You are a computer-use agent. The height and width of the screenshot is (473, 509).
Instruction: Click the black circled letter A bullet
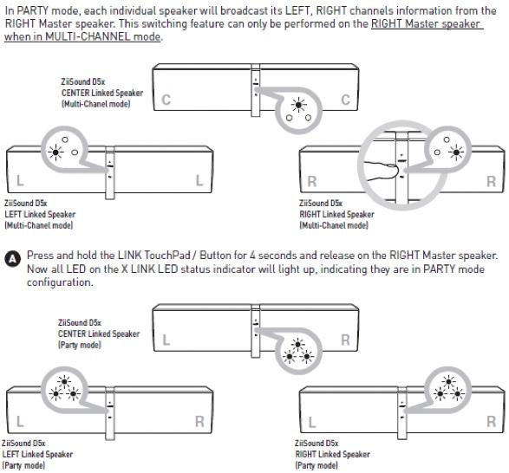click(x=12, y=259)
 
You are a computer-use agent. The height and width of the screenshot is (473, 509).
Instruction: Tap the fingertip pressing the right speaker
click(x=394, y=171)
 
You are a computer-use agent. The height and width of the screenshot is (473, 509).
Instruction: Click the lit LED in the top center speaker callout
click(x=298, y=105)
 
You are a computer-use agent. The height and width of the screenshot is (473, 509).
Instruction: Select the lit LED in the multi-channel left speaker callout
click(x=55, y=152)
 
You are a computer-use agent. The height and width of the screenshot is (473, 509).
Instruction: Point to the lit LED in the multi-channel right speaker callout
click(x=456, y=152)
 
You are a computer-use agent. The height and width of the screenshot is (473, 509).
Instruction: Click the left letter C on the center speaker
click(x=166, y=100)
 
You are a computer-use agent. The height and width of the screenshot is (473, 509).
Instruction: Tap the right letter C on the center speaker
click(x=345, y=100)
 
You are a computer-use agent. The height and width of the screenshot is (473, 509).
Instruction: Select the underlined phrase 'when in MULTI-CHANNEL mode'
click(x=82, y=36)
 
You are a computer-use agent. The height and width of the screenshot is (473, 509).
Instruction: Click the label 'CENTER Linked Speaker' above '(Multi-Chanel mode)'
click(x=102, y=93)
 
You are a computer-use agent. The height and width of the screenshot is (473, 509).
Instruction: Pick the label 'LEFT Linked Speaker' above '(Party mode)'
click(x=37, y=454)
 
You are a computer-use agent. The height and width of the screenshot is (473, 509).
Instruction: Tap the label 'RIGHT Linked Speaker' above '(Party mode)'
click(x=332, y=454)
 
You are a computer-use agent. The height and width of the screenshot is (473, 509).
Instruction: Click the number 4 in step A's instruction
click(x=252, y=256)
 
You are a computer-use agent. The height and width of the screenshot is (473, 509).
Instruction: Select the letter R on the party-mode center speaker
click(x=345, y=340)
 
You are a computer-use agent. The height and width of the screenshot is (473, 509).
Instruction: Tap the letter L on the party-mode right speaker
click(x=311, y=422)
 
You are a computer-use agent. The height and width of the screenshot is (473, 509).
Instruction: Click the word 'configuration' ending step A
click(x=60, y=282)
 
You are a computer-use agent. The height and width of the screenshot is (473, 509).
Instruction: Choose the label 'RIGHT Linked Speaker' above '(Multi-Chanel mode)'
click(x=336, y=214)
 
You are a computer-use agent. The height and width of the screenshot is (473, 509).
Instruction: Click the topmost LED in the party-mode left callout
click(x=64, y=381)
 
